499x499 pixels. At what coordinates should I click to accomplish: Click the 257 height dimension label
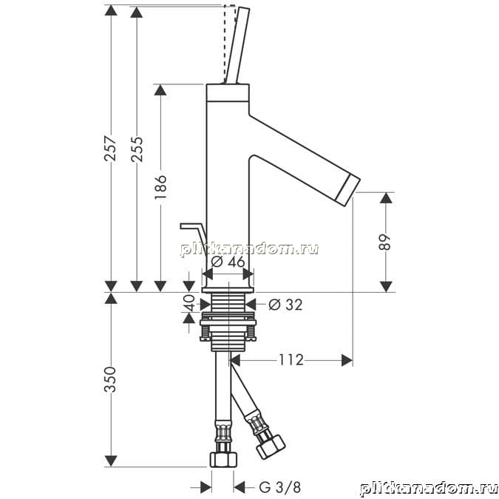(110, 149)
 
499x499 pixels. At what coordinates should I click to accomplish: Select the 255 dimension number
(138, 149)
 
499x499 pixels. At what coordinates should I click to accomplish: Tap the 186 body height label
(160, 187)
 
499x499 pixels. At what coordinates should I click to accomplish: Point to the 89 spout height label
(384, 242)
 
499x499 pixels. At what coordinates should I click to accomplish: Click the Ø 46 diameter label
(228, 262)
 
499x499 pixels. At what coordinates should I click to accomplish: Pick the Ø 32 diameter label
(285, 305)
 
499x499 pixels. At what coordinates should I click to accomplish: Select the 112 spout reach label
(291, 360)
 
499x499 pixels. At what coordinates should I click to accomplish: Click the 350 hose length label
(110, 379)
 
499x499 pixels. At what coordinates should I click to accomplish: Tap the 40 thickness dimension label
(190, 302)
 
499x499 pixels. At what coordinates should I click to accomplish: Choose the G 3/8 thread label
(279, 487)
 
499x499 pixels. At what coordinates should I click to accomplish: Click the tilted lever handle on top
(237, 45)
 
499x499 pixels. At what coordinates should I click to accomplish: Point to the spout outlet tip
(348, 190)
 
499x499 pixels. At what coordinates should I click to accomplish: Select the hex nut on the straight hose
(224, 459)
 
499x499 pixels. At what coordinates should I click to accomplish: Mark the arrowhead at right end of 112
(347, 360)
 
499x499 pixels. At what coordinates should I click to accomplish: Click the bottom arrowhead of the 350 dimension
(111, 461)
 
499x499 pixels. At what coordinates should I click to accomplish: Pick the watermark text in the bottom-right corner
(429, 489)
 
